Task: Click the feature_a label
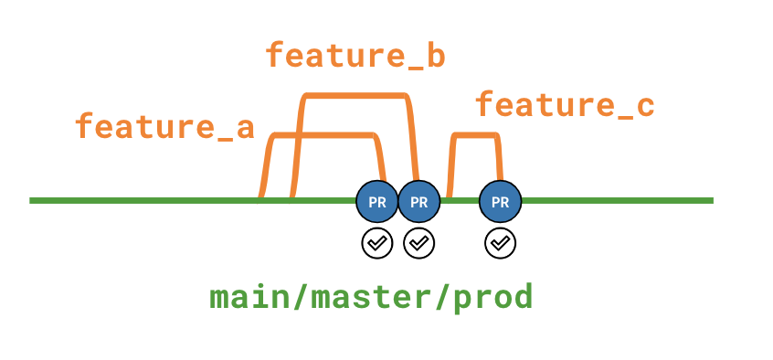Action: click(164, 126)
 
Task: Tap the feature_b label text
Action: click(355, 56)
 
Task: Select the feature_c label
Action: click(565, 105)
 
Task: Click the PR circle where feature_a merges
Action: click(376, 201)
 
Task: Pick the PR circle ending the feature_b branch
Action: click(418, 201)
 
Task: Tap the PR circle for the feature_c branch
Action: click(500, 201)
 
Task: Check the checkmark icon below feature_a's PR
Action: click(376, 243)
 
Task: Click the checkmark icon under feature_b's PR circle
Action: click(419, 243)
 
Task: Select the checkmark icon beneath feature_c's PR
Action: click(500, 243)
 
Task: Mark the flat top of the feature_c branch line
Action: click(475, 136)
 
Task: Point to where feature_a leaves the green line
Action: click(261, 196)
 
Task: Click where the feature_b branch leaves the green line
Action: click(291, 196)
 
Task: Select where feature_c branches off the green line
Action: click(449, 196)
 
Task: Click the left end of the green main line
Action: click(33, 200)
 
